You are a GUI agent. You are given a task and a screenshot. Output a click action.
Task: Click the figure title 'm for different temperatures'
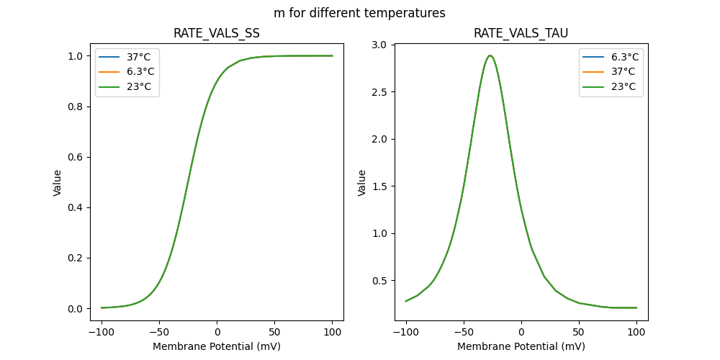click(359, 13)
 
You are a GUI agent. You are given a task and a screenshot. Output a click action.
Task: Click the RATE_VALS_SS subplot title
click(217, 33)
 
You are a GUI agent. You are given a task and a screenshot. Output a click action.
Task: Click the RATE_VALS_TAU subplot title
click(521, 33)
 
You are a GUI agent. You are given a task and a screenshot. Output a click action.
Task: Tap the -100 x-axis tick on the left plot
click(102, 332)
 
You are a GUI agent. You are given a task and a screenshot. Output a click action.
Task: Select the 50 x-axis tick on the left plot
click(274, 332)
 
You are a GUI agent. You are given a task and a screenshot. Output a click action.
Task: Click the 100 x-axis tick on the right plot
click(636, 332)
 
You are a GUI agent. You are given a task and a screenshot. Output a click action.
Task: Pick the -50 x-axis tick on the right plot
click(464, 332)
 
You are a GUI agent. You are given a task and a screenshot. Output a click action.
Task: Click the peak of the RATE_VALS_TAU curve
click(490, 55)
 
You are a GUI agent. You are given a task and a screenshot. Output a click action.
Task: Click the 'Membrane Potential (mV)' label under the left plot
click(217, 346)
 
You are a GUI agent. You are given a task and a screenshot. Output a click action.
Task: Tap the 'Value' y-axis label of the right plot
click(362, 183)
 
